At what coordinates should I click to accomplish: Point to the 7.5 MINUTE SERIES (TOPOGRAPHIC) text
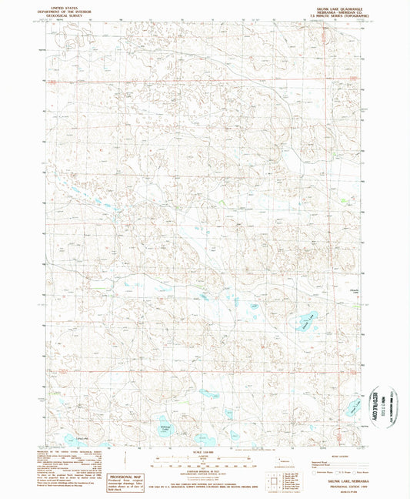[333, 18]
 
